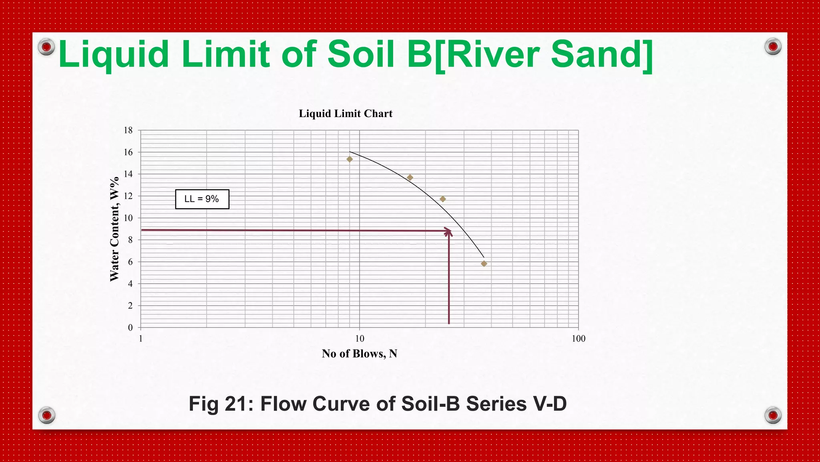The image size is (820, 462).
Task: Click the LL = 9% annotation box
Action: pos(202,199)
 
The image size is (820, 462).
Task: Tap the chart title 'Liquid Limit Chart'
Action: pos(346,113)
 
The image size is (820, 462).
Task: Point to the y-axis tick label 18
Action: pos(128,130)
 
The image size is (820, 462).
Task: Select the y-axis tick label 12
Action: pos(128,196)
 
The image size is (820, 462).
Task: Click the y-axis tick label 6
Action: pos(130,262)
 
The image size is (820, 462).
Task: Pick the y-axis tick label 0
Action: pos(130,328)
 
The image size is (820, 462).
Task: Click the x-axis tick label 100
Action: pos(578,339)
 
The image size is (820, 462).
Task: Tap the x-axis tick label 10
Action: pos(360,339)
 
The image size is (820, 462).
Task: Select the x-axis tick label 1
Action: pos(141,339)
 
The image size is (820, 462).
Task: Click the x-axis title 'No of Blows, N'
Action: pos(359,354)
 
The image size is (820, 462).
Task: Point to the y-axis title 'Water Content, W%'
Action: pos(115,229)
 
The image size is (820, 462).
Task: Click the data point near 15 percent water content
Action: pos(350,159)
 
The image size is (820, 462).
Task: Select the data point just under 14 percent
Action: pos(410,178)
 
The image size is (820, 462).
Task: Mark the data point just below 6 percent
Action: pos(484,264)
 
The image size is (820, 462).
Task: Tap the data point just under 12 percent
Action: pos(442,199)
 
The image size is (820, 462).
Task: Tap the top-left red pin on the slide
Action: pos(46,47)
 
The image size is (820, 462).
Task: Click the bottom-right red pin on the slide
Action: pos(773,415)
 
